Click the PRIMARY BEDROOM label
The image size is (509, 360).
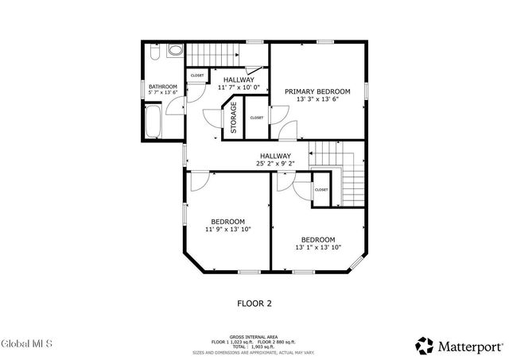[x=317, y=91]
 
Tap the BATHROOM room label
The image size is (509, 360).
[x=162, y=86]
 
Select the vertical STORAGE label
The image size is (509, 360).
[x=234, y=118]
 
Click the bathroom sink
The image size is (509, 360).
[x=176, y=51]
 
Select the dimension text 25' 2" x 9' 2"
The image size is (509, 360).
[x=274, y=164]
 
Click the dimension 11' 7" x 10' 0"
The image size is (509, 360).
[x=239, y=87]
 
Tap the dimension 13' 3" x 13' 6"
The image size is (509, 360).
[x=317, y=100]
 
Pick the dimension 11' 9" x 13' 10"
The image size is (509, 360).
[x=227, y=229]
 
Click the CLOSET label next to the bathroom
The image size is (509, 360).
[x=196, y=75]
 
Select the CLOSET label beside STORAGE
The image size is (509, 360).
[x=256, y=118]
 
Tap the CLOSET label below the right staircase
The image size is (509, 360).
[x=321, y=190]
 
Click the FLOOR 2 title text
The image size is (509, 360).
[x=254, y=303]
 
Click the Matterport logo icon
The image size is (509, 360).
[x=424, y=345]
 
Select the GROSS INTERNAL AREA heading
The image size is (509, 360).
[x=254, y=336]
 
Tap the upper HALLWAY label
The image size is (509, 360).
[x=239, y=79]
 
